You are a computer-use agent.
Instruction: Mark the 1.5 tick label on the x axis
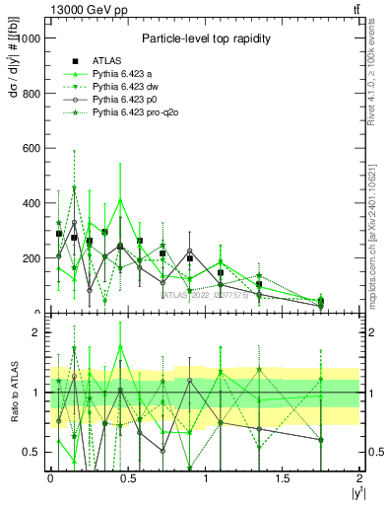pos(284,479)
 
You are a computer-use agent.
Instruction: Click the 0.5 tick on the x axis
pos(128,479)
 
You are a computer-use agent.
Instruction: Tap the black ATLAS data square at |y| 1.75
pos(321,302)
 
